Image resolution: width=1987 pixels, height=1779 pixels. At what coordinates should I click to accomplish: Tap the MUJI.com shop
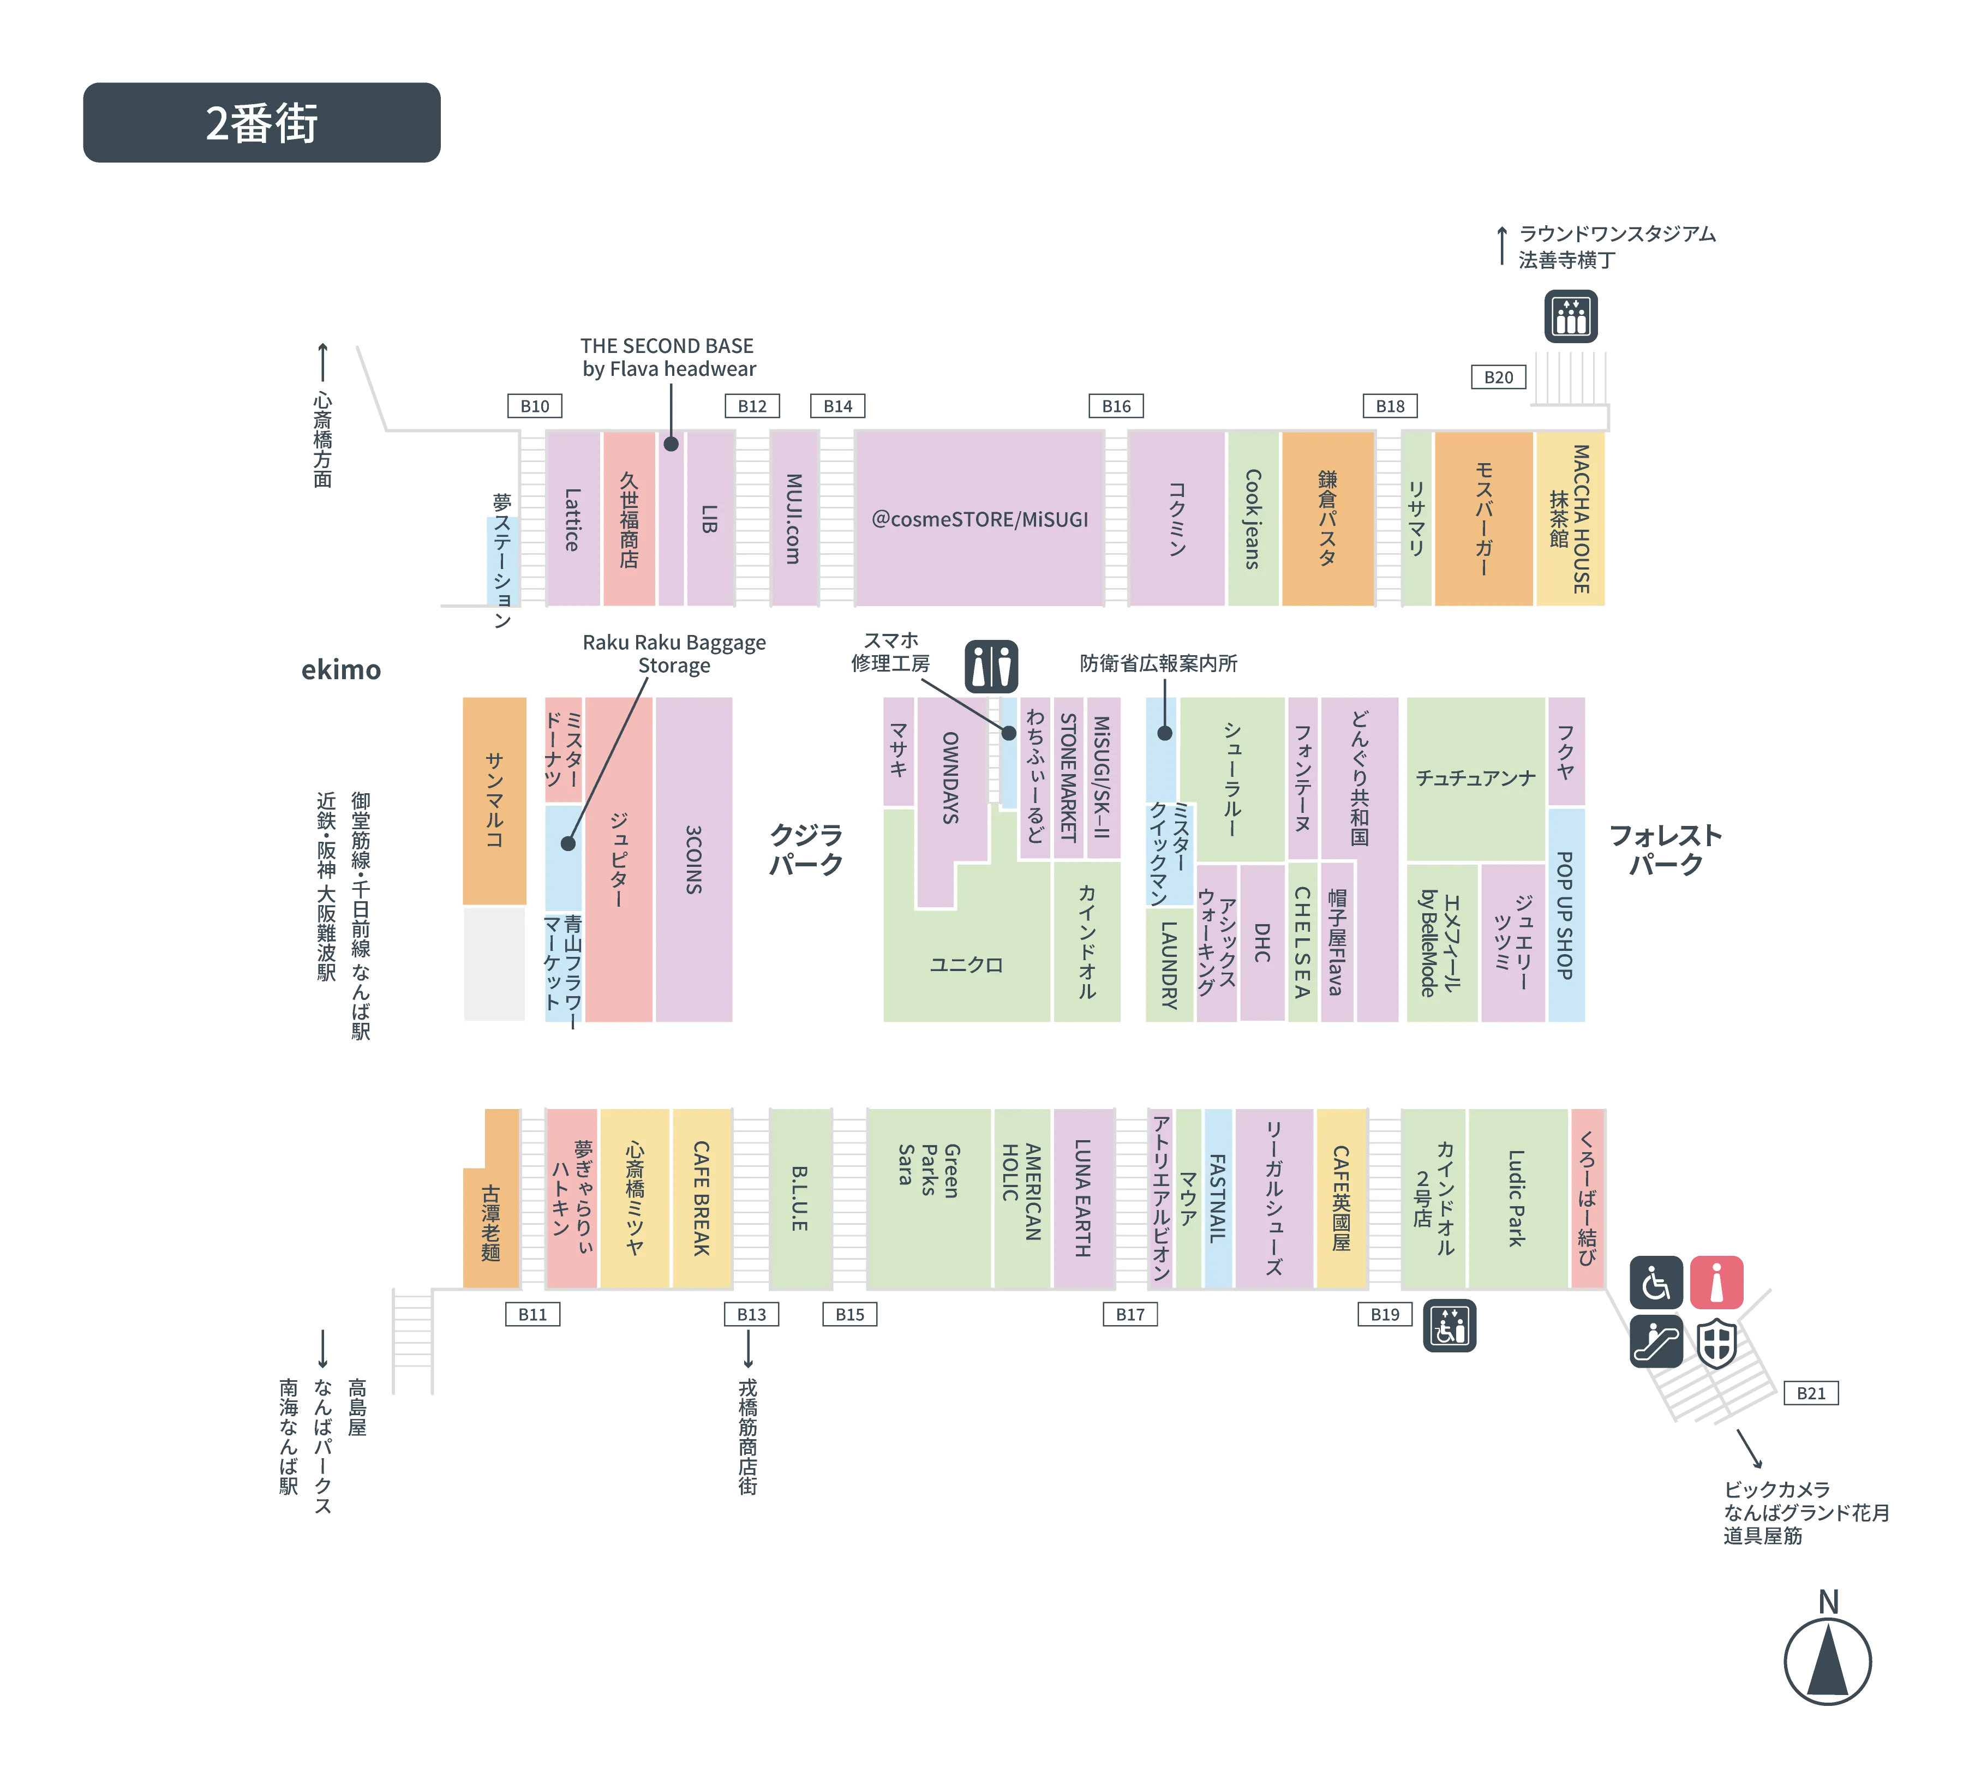click(x=793, y=518)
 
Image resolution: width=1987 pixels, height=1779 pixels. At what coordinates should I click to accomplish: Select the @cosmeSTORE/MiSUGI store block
click(x=979, y=518)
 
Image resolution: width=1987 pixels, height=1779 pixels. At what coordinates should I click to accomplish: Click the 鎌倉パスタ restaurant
click(x=1327, y=518)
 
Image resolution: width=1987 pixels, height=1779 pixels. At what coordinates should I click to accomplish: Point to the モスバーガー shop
click(x=1483, y=518)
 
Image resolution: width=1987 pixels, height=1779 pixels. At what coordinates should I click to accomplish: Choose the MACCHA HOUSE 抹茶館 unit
click(x=1571, y=518)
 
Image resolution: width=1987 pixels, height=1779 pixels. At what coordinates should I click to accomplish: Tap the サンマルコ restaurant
click(x=494, y=800)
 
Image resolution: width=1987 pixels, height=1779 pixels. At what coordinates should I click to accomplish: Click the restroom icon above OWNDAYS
click(x=992, y=666)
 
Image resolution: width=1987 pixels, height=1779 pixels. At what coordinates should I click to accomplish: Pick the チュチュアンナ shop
click(x=1475, y=778)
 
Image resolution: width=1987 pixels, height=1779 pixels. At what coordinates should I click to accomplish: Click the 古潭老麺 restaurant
click(x=490, y=1222)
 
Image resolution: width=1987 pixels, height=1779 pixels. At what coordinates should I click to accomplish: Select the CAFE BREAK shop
click(x=702, y=1199)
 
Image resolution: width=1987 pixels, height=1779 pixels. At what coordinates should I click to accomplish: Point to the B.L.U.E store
click(x=799, y=1199)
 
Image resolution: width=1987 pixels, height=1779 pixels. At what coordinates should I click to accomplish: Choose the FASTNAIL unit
click(x=1218, y=1199)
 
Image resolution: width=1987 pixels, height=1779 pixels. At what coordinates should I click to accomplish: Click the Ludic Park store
click(x=1516, y=1199)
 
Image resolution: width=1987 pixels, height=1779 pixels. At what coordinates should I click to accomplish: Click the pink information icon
click(x=1716, y=1281)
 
